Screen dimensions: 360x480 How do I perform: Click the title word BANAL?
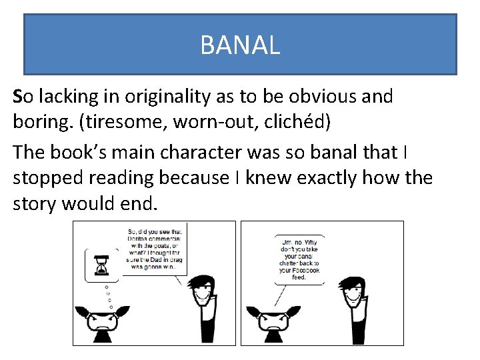coord(240,45)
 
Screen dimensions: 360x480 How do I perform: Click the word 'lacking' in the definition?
coord(67,97)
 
